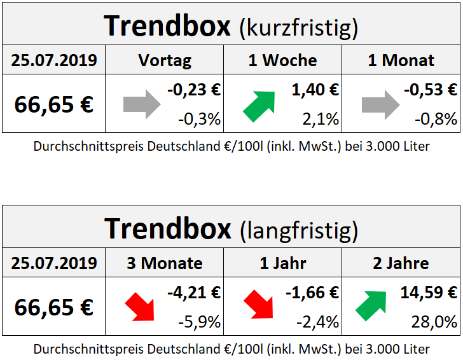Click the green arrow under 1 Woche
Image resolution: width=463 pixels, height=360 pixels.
coord(259,106)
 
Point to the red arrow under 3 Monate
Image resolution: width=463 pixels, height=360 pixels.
coord(141,307)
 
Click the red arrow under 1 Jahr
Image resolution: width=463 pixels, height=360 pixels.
coord(259,307)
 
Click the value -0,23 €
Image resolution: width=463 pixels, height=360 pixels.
coord(194,90)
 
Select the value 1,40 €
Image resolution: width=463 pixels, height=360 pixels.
coord(315,90)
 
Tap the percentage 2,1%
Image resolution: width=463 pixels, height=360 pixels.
coord(321,118)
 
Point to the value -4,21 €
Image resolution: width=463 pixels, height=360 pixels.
coord(194,293)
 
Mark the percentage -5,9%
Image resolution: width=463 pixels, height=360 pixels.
coord(200,321)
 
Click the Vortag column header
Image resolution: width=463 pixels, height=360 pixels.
coord(164,60)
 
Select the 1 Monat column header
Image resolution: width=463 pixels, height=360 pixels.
coord(401,60)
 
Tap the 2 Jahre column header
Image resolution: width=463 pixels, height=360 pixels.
coord(401,263)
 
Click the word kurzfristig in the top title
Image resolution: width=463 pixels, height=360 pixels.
coord(298,28)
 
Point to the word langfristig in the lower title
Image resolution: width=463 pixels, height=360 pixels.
coord(299,230)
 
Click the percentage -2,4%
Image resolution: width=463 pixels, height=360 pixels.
coord(318,321)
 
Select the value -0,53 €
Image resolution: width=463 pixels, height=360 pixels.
coord(431,90)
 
